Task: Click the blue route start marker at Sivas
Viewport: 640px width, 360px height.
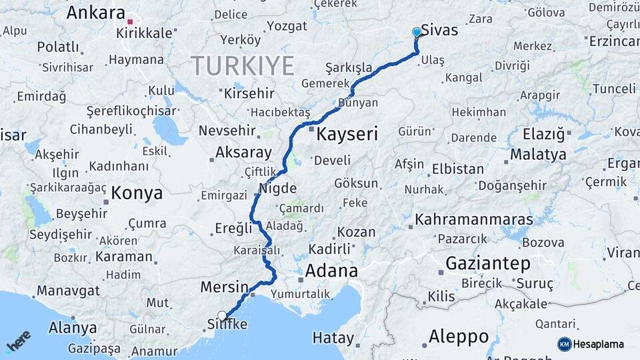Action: [417, 32]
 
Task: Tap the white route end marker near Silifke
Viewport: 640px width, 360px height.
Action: [222, 316]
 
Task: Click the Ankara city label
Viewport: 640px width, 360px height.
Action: [96, 13]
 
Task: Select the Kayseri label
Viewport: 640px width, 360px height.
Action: [347, 134]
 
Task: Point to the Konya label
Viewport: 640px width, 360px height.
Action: [137, 193]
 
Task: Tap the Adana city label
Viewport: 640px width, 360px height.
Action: [331, 271]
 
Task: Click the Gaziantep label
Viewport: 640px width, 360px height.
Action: [488, 263]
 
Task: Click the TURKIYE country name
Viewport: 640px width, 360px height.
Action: [242, 66]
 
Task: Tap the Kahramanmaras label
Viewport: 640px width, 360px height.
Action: [473, 219]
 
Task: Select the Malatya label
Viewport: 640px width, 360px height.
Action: [538, 155]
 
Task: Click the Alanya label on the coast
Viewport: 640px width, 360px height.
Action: [72, 328]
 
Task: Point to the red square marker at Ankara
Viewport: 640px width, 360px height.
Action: [130, 21]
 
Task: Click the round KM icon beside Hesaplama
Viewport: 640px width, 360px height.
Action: [565, 344]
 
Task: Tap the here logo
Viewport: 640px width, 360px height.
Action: [19, 341]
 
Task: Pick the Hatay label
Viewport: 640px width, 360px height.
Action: [333, 338]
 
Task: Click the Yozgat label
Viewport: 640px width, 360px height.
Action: [287, 26]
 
